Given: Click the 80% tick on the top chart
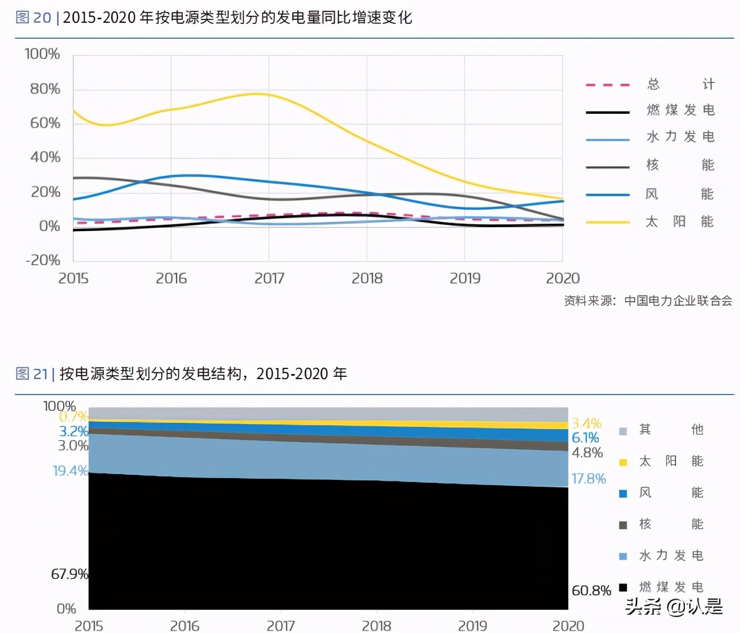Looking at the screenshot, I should click(x=45, y=89).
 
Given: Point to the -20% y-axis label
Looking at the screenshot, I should click(x=43, y=260).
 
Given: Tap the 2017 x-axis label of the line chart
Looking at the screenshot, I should click(x=269, y=278).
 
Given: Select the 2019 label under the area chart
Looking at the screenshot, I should click(x=472, y=626).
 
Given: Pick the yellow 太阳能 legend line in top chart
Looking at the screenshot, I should click(x=607, y=222).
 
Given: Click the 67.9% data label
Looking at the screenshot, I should click(x=69, y=574).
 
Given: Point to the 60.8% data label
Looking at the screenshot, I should click(x=591, y=591).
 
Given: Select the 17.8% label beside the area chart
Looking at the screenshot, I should click(x=589, y=479).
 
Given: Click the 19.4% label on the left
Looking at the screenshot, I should click(x=70, y=471).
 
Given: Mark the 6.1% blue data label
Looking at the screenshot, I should click(x=585, y=438).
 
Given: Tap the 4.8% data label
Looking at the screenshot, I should click(x=587, y=453).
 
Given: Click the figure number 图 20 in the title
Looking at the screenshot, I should click(x=33, y=18).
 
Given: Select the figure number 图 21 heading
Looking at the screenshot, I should click(x=31, y=374).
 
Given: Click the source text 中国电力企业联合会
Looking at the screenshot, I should click(x=678, y=301).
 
